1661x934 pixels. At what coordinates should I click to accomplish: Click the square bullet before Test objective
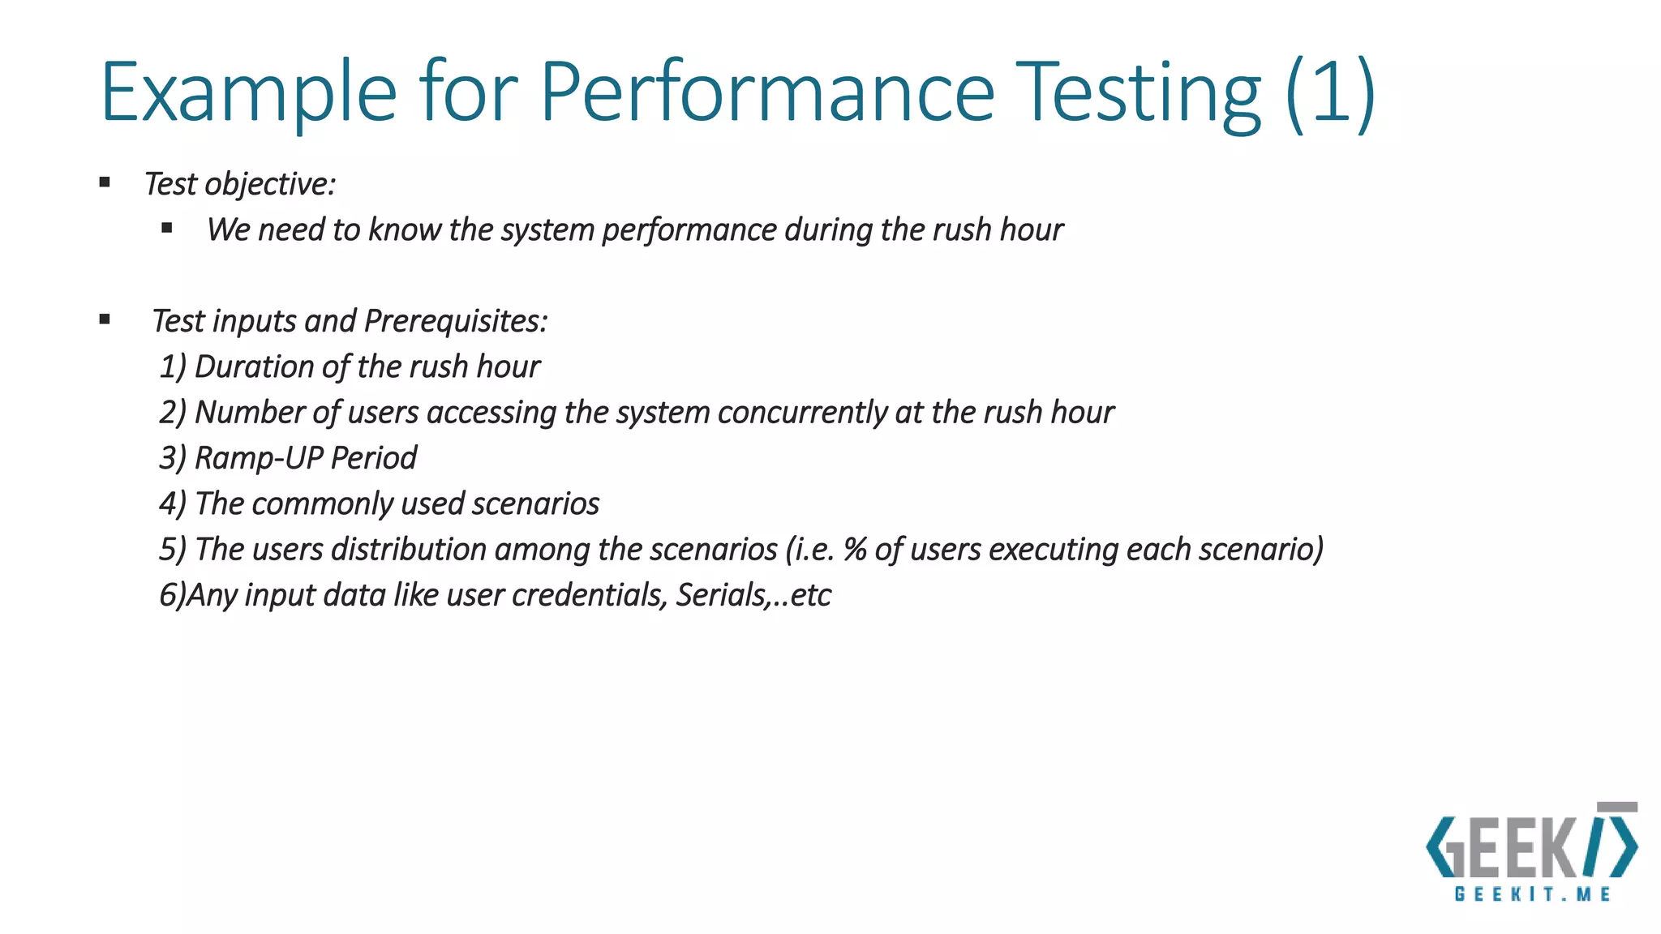[x=105, y=182]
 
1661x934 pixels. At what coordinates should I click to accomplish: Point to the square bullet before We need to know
[x=167, y=228]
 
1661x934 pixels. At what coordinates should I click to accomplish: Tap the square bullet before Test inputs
[x=105, y=319]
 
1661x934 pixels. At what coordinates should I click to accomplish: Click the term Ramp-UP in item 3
[x=259, y=458]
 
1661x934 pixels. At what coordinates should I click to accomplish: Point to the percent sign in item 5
[x=855, y=550]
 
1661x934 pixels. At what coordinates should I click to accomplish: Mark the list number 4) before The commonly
[x=173, y=504]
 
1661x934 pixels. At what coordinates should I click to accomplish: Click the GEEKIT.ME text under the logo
[x=1532, y=894]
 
